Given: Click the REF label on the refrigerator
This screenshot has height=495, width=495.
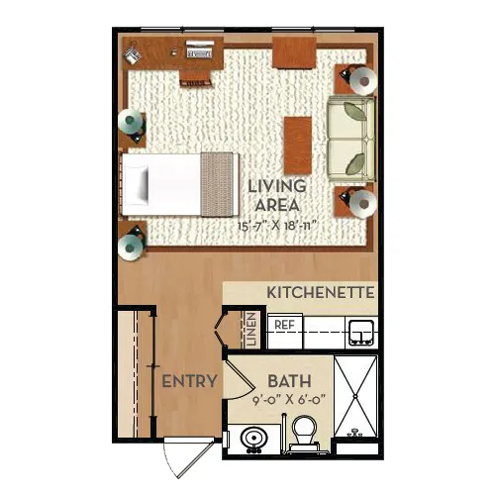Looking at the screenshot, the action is pyautogui.click(x=284, y=325).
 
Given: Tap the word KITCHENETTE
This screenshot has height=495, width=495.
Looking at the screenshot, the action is pyautogui.click(x=321, y=293).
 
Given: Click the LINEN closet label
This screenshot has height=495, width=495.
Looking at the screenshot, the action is pyautogui.click(x=251, y=329).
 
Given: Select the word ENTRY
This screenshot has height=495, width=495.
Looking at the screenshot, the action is pyautogui.click(x=189, y=381).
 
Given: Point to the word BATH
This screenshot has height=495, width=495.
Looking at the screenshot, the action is pyautogui.click(x=289, y=381).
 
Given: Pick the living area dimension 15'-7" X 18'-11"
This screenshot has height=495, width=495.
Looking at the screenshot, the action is pyautogui.click(x=277, y=226).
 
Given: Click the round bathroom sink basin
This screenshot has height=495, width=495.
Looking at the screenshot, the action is pyautogui.click(x=254, y=439).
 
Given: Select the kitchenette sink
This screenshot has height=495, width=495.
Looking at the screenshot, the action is pyautogui.click(x=361, y=332).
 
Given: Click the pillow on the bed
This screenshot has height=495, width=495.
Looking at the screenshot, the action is pyautogui.click(x=137, y=184).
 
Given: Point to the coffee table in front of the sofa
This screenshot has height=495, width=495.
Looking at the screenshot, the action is pyautogui.click(x=298, y=146).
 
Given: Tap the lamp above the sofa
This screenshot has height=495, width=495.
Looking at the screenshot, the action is pyautogui.click(x=363, y=81).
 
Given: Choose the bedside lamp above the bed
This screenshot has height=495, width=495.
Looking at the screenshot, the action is pyautogui.click(x=130, y=121).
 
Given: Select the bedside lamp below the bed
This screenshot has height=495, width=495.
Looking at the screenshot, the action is pyautogui.click(x=130, y=247).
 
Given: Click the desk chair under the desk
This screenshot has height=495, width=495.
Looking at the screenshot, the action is pyautogui.click(x=196, y=79).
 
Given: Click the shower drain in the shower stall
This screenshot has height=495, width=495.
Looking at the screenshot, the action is pyautogui.click(x=355, y=396).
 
